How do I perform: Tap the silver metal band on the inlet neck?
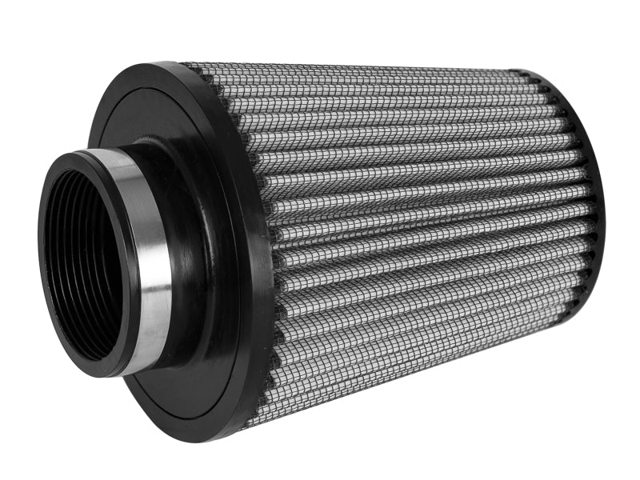(148, 256)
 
